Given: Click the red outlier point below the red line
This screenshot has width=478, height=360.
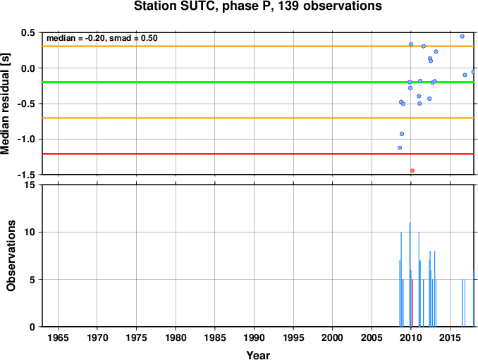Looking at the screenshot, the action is tap(412, 170).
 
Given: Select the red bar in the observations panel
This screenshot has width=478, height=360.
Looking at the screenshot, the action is tap(412, 303).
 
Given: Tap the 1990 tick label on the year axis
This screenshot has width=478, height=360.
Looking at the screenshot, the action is tap(254, 337).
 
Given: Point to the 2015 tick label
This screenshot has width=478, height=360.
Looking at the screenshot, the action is tap(450, 337).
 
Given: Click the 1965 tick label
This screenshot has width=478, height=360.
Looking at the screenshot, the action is tap(58, 337).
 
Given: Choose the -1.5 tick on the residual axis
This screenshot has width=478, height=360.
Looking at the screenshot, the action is tap(27, 175).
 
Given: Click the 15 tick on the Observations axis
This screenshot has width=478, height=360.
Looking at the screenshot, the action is tap(31, 185).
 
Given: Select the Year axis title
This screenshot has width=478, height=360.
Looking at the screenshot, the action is tap(258, 355).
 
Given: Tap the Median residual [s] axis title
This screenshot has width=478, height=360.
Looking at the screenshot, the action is tap(5, 104).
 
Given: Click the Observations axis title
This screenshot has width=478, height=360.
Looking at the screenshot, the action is tap(11, 256).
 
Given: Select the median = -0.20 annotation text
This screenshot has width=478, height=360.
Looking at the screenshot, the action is tap(75, 38).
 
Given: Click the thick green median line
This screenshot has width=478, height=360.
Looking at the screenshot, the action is tap(258, 82).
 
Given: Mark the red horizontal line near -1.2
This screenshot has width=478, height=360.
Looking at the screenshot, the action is tap(258, 154).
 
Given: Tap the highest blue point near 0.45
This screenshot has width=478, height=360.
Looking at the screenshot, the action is tap(462, 37).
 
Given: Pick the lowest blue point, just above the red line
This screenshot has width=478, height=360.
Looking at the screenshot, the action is tap(400, 148).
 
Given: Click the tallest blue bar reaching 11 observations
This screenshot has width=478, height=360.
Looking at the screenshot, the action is tap(410, 275).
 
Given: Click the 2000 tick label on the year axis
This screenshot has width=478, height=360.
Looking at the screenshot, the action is tap(332, 337).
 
